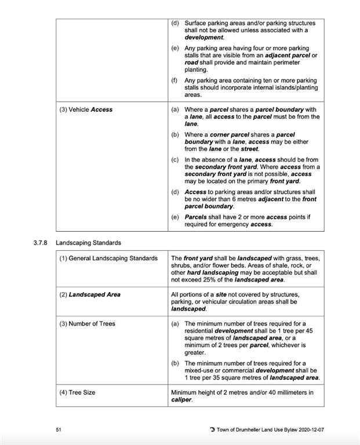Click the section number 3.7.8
point(41,243)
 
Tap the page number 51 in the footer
point(59,429)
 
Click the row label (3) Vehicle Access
point(86,109)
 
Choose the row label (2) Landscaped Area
point(90,294)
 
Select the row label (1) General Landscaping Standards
point(108,258)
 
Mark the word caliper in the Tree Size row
point(180,400)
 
